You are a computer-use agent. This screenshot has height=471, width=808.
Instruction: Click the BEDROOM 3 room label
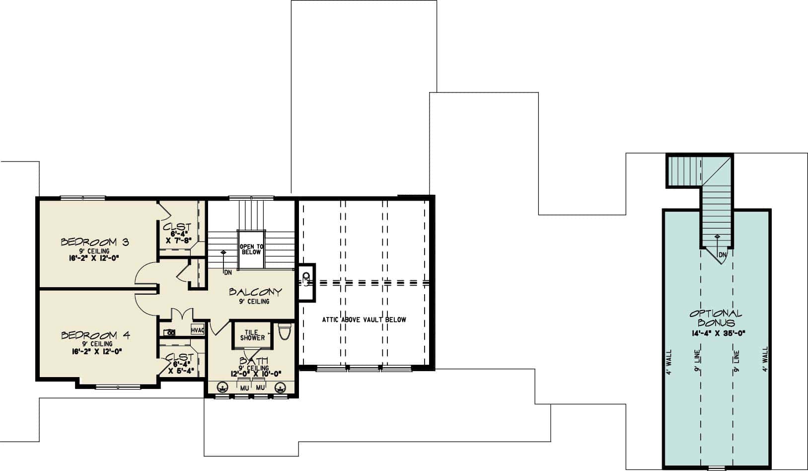coord(95,242)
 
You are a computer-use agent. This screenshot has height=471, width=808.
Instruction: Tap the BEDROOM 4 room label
coord(95,335)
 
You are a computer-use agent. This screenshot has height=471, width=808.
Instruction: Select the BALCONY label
coord(255,292)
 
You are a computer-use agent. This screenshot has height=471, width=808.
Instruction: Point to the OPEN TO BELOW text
coord(251,249)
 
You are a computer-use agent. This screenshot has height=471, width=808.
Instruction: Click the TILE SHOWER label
coord(252,335)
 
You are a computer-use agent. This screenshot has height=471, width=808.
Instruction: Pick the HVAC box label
coord(198,330)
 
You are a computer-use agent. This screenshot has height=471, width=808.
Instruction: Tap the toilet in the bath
coord(284,331)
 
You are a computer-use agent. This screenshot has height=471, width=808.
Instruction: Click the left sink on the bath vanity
coord(222,387)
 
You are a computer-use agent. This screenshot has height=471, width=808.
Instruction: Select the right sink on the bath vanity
coord(281,387)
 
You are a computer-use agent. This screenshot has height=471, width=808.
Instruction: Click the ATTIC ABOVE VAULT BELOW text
coord(364,320)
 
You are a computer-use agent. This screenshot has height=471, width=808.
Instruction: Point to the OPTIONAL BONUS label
coord(716,318)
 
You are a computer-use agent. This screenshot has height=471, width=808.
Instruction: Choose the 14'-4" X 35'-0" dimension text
coord(716,334)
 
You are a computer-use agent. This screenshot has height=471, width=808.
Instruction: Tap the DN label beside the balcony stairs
coord(228,272)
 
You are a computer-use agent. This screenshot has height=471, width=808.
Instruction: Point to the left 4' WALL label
coord(669,360)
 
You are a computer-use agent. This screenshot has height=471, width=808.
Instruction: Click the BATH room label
coord(254,361)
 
